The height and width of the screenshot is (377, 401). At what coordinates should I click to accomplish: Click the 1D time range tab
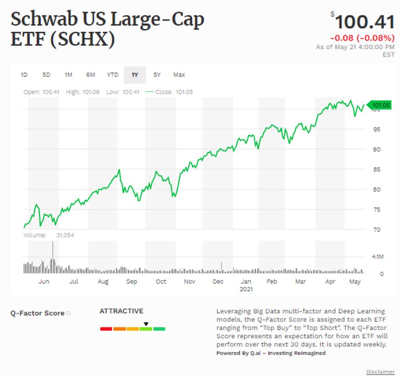tap(24, 75)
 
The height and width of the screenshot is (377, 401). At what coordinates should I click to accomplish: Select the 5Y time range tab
tap(157, 75)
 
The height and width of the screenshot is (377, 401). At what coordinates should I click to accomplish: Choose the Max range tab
tap(179, 75)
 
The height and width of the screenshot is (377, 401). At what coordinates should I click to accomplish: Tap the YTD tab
tap(112, 75)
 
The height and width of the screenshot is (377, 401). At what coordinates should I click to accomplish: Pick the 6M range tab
tap(90, 75)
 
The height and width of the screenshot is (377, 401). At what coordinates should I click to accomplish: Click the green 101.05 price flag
tap(380, 105)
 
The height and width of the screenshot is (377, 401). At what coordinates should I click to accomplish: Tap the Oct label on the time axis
tap(161, 282)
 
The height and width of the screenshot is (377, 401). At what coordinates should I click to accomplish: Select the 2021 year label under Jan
tap(246, 289)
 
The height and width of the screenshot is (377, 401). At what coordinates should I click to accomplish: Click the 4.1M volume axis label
tap(378, 257)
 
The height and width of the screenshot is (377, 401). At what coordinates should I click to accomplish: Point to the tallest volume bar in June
tap(53, 257)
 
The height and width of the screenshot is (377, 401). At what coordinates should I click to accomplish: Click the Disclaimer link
tap(380, 372)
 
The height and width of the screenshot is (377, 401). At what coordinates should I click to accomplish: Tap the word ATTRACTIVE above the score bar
tap(121, 311)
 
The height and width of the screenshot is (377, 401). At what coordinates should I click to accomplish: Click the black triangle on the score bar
tap(146, 324)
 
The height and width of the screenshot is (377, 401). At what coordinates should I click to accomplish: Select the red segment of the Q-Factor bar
tap(106, 329)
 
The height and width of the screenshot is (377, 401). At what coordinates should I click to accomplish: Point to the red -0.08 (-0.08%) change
tap(362, 38)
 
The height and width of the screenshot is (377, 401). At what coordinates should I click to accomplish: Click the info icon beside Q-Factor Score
tap(68, 313)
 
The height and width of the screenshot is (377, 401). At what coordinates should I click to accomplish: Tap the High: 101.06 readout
tap(83, 92)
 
